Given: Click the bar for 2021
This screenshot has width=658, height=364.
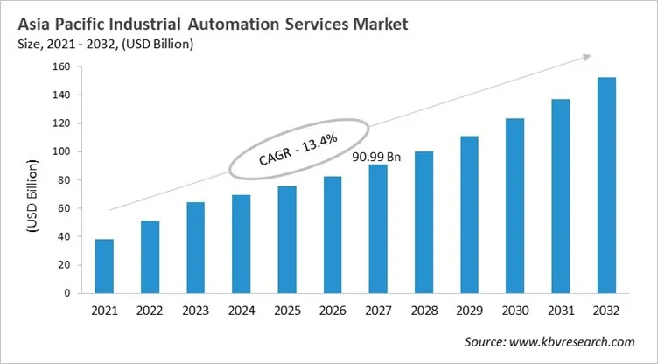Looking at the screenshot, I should point(104,266).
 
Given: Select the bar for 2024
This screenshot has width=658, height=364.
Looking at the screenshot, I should point(241,244).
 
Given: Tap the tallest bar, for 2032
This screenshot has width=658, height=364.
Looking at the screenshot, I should point(605,185).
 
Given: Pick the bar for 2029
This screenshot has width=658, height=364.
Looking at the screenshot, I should point(469,214).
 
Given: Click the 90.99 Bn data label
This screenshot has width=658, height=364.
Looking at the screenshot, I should point(375,157).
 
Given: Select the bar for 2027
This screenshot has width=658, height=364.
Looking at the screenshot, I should point(378,228).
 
